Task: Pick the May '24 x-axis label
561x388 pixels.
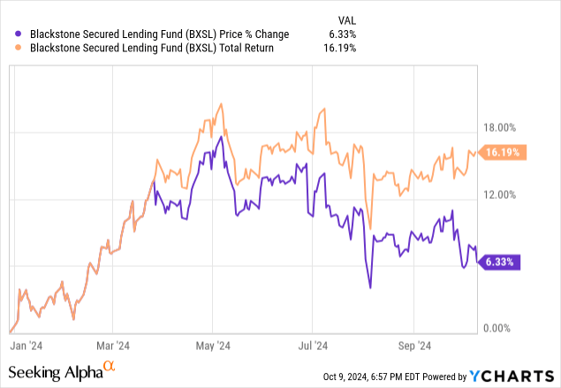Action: [212, 346]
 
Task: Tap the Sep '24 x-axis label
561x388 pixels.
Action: [413, 346]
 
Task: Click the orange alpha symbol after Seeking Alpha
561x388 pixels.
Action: [109, 367]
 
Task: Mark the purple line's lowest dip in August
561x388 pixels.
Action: [370, 287]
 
